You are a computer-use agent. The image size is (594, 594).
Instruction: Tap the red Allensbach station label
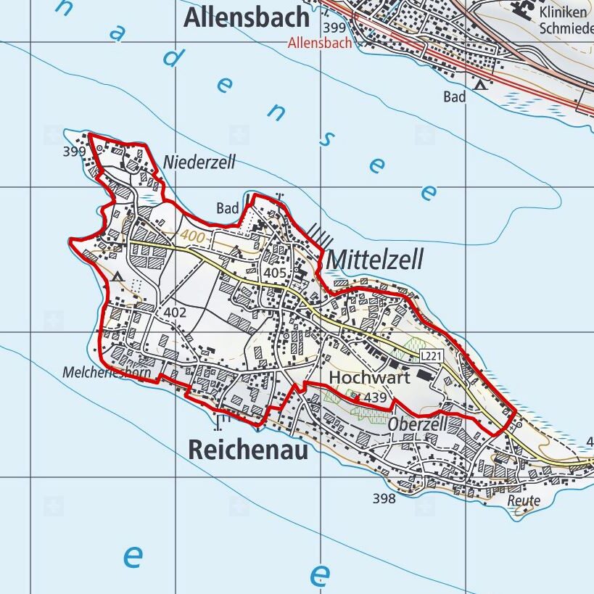[x=320, y=43]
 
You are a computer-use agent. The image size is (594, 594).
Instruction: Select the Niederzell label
[x=200, y=162]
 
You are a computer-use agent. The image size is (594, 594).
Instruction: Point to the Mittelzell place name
[x=374, y=260]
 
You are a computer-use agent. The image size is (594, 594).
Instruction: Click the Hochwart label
[x=369, y=378]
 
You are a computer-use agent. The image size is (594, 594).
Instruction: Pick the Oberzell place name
[x=417, y=424]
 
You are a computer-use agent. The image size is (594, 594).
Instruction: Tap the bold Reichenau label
[x=248, y=450]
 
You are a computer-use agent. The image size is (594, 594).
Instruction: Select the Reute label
[x=524, y=500]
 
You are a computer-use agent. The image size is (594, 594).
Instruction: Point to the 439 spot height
[x=376, y=397]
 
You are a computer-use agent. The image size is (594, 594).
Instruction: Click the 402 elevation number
[x=176, y=313]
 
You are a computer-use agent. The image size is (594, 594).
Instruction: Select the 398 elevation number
[x=384, y=498]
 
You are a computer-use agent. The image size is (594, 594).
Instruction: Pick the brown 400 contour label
[x=194, y=236]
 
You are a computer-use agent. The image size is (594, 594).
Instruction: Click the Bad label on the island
[x=228, y=209]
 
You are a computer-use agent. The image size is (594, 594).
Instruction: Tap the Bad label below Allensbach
[x=455, y=96]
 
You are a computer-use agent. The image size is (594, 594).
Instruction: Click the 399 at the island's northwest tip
[x=74, y=152]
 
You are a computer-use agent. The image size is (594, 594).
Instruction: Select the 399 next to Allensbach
[x=336, y=28]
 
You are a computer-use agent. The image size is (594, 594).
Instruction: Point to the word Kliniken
[x=563, y=12]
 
